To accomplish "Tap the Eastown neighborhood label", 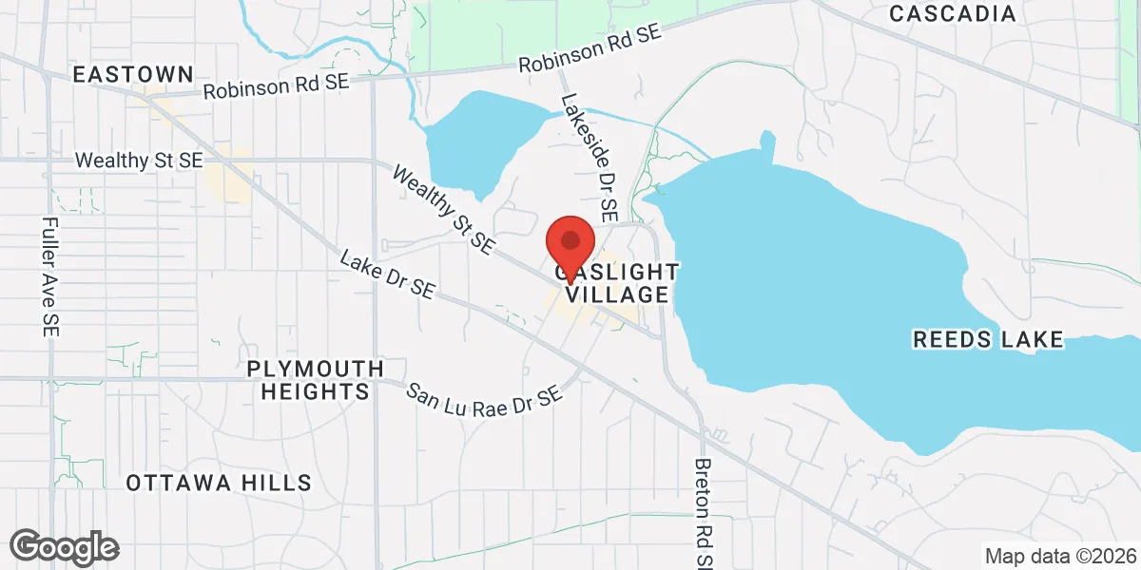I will point(133,74).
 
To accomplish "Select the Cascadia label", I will point(953,14).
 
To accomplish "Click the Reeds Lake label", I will point(988,340).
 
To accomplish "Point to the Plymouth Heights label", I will point(315,379).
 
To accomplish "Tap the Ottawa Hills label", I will point(219,483).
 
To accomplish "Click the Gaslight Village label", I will point(613,283).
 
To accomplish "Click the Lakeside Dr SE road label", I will point(590,152).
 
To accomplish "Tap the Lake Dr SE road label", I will point(387,276).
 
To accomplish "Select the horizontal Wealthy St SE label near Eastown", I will point(139,161).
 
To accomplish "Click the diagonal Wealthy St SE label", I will point(443,211).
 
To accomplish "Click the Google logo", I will point(64,547).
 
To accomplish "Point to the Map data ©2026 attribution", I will point(1060,556).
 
